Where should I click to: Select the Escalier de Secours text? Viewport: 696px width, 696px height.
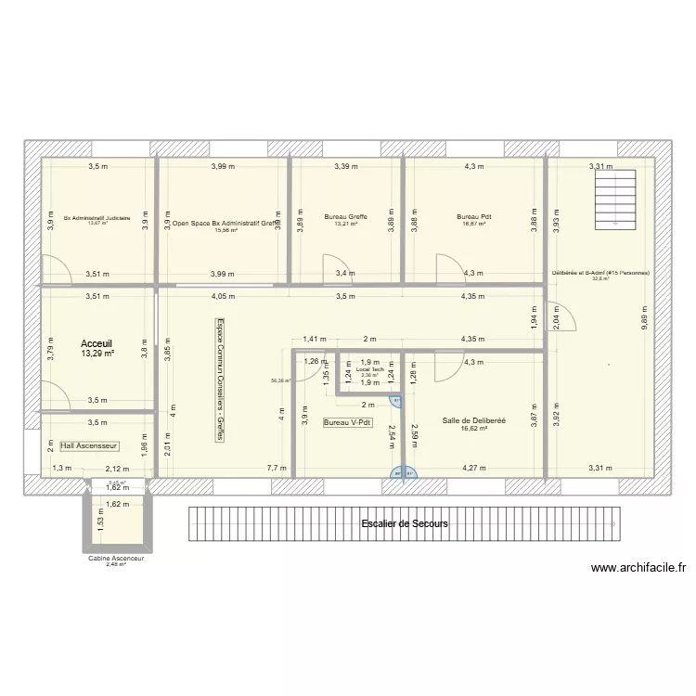(x=404, y=524)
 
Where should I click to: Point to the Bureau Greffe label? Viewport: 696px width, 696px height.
(x=345, y=217)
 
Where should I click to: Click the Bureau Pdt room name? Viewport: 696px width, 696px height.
(x=473, y=217)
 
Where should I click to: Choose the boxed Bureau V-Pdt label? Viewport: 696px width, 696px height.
(x=347, y=422)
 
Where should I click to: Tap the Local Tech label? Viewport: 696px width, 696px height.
(x=369, y=369)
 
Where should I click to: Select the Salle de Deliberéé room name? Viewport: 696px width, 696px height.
(x=474, y=420)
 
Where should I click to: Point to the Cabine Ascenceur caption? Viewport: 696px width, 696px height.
(x=116, y=559)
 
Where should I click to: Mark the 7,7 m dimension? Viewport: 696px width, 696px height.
(x=276, y=469)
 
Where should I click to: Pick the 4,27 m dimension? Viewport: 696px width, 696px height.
(x=474, y=469)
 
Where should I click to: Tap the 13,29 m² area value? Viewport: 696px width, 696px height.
(x=97, y=354)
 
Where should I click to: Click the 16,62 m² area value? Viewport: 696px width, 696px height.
(x=474, y=429)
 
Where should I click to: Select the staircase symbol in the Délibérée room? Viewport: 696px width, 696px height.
(x=612, y=198)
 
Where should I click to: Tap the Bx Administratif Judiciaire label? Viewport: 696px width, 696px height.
(x=97, y=217)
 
